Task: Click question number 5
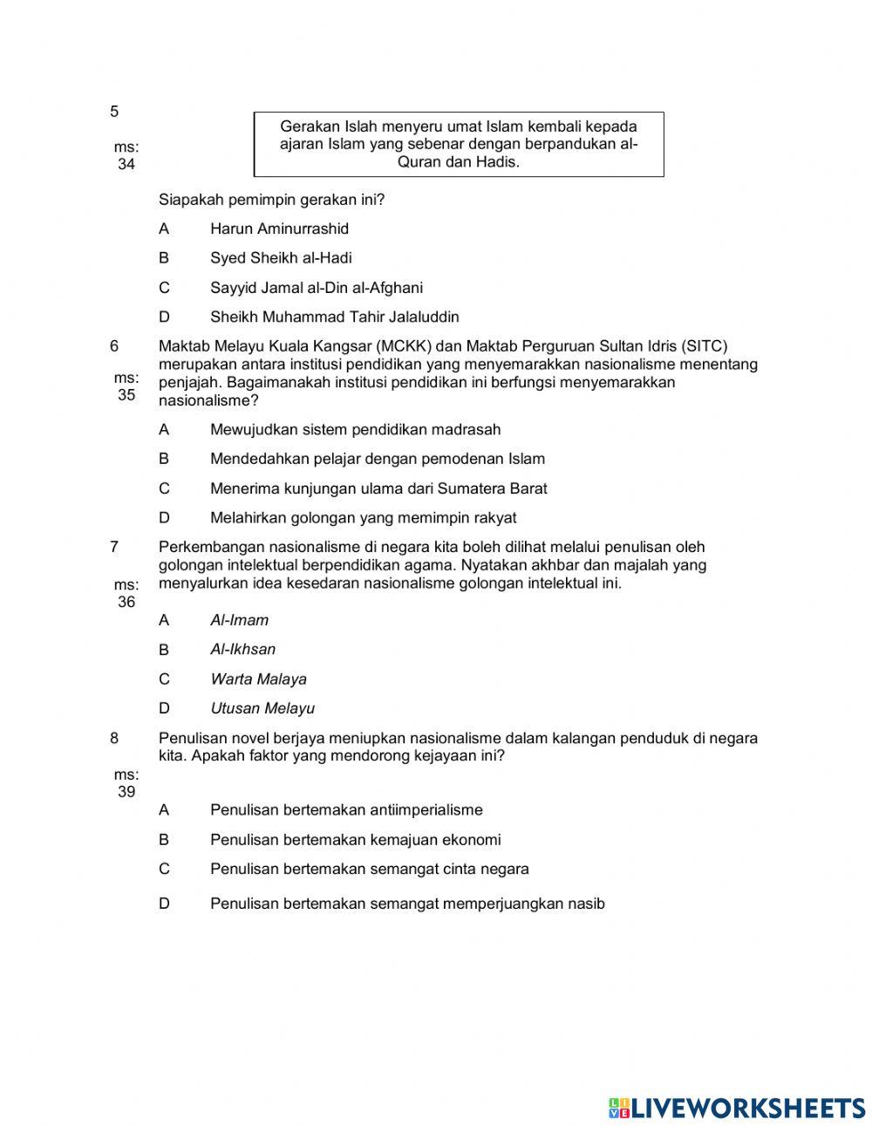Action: pyautogui.click(x=114, y=112)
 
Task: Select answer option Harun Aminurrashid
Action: pyautogui.click(x=279, y=229)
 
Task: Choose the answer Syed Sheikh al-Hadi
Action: pyautogui.click(x=281, y=258)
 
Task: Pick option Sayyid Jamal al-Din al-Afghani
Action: pyautogui.click(x=316, y=288)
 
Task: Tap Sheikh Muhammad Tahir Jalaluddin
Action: pyautogui.click(x=334, y=317)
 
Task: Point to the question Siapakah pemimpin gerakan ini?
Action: pyautogui.click(x=271, y=200)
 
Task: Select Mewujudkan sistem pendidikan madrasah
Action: pyautogui.click(x=355, y=429)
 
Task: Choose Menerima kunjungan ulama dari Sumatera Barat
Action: pyautogui.click(x=378, y=488)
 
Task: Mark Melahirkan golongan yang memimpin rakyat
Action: pyautogui.click(x=363, y=518)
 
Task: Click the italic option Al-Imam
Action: pyautogui.click(x=239, y=620)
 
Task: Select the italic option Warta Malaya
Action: pyautogui.click(x=258, y=679)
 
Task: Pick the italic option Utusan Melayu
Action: pyautogui.click(x=262, y=709)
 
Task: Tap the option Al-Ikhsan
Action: pyautogui.click(x=242, y=650)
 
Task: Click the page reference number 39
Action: pyautogui.click(x=126, y=792)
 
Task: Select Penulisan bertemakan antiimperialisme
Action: pyautogui.click(x=346, y=810)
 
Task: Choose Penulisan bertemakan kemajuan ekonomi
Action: pyautogui.click(x=355, y=840)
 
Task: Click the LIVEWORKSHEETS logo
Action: pyautogui.click(x=737, y=1108)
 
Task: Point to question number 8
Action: pyautogui.click(x=114, y=739)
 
